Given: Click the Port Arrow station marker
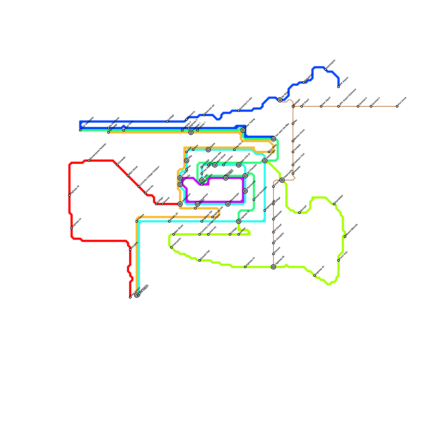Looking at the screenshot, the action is [397, 106].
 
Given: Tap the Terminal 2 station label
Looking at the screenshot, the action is [363, 101].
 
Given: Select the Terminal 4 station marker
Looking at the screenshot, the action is [371, 106].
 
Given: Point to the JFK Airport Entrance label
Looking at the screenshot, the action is [348, 97].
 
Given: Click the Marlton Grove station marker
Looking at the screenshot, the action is [293, 141].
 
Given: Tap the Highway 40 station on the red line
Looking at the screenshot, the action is [69, 195].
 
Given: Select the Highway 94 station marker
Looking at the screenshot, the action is [245, 267].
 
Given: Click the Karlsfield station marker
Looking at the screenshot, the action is [334, 204].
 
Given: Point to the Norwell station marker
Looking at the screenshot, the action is [299, 213].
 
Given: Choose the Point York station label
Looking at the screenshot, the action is [344, 256].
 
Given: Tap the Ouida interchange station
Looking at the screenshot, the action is [208, 150].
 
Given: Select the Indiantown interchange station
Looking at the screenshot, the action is [180, 204].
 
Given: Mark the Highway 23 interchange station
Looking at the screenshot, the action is [239, 221].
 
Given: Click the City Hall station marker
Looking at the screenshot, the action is [202, 167].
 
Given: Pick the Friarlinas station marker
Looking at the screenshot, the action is [137, 221].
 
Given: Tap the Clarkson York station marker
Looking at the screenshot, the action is [293, 165].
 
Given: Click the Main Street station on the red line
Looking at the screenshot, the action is [128, 176].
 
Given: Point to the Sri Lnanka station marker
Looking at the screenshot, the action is [224, 165].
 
